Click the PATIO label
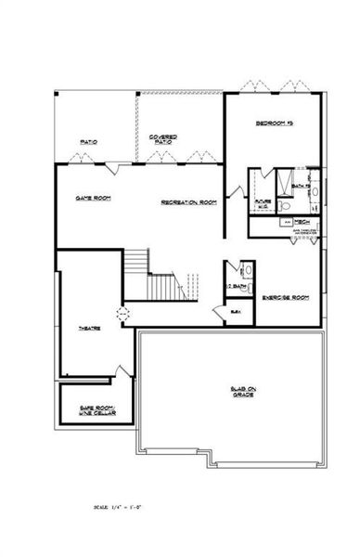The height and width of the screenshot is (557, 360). click(x=89, y=142)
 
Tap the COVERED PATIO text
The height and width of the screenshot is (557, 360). click(x=163, y=140)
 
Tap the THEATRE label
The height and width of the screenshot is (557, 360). click(x=89, y=329)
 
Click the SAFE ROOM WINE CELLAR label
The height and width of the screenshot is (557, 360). click(x=96, y=409)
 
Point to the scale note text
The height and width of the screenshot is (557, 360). click(x=125, y=508)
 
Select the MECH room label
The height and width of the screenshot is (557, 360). click(x=302, y=222)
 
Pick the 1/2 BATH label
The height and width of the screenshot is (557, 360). click(x=236, y=286)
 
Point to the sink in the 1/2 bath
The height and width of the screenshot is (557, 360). click(x=247, y=270)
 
